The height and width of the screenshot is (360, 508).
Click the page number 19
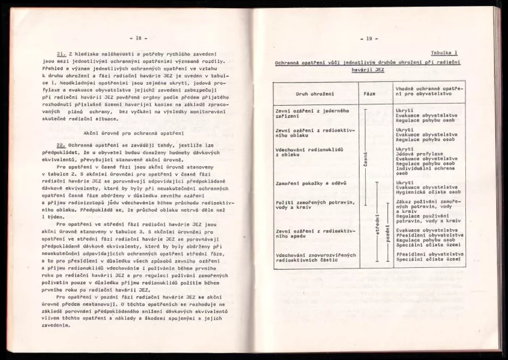coord(370,39)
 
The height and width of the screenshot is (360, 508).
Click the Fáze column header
coord(369,92)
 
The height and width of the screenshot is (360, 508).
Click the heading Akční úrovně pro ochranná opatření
coord(141,133)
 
